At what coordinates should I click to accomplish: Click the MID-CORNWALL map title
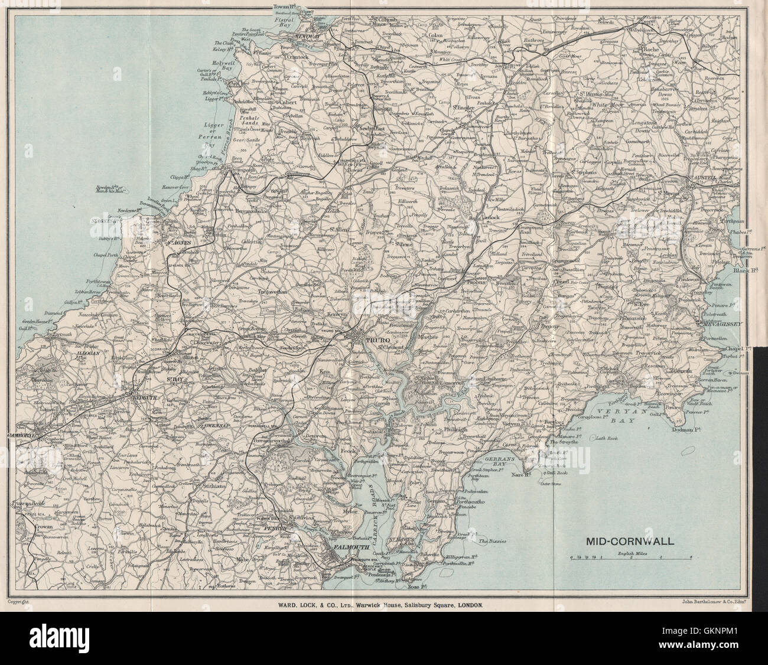coord(627,540)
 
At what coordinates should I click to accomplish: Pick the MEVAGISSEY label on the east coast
coord(718,323)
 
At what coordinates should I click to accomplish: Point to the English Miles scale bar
coord(630,557)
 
